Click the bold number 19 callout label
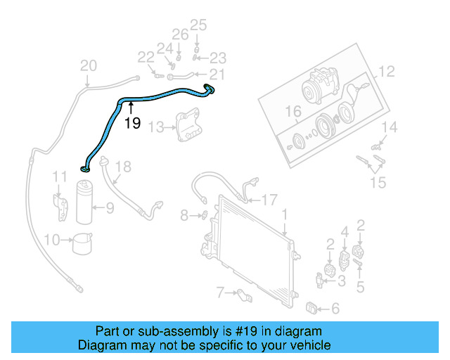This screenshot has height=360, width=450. pyautogui.click(x=132, y=124)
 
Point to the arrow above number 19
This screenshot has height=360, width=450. pyautogui.click(x=131, y=108)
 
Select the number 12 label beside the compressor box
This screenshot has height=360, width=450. pyautogui.click(x=387, y=72)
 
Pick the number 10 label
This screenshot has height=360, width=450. pyautogui.click(x=51, y=240)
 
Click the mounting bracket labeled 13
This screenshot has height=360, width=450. pyautogui.click(x=188, y=127)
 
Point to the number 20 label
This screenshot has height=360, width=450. pyautogui.click(x=88, y=66)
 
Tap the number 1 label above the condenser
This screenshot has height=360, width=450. pyautogui.click(x=285, y=213)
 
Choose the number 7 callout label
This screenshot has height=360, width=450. pyautogui.click(x=221, y=292)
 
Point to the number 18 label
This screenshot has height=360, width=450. pyautogui.click(x=123, y=167)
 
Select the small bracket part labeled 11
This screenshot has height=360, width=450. pyautogui.click(x=62, y=202)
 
